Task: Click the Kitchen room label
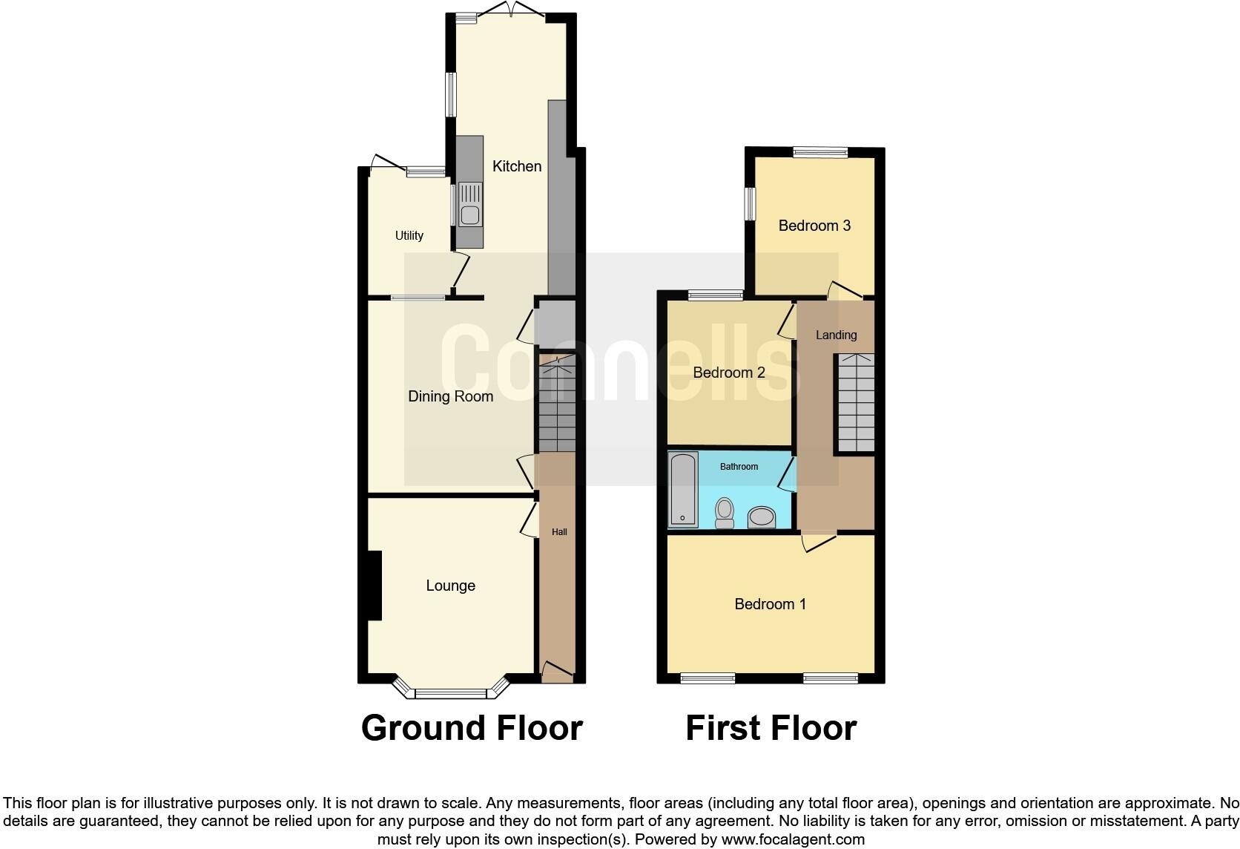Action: click(517, 166)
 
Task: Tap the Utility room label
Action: click(409, 235)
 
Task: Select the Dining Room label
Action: click(450, 396)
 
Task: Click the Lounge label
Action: click(450, 586)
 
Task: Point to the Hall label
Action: click(559, 532)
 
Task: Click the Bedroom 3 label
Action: click(814, 226)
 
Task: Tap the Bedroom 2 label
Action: click(728, 373)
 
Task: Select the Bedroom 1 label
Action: click(770, 604)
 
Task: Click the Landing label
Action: click(836, 335)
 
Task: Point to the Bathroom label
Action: click(739, 467)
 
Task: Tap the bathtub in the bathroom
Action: click(683, 489)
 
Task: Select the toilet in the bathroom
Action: click(725, 512)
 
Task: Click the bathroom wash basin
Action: click(762, 517)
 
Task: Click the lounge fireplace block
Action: click(374, 585)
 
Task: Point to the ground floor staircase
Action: click(556, 404)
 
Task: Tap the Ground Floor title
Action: click(472, 728)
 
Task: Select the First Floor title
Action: click(771, 728)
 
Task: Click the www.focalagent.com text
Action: click(793, 840)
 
